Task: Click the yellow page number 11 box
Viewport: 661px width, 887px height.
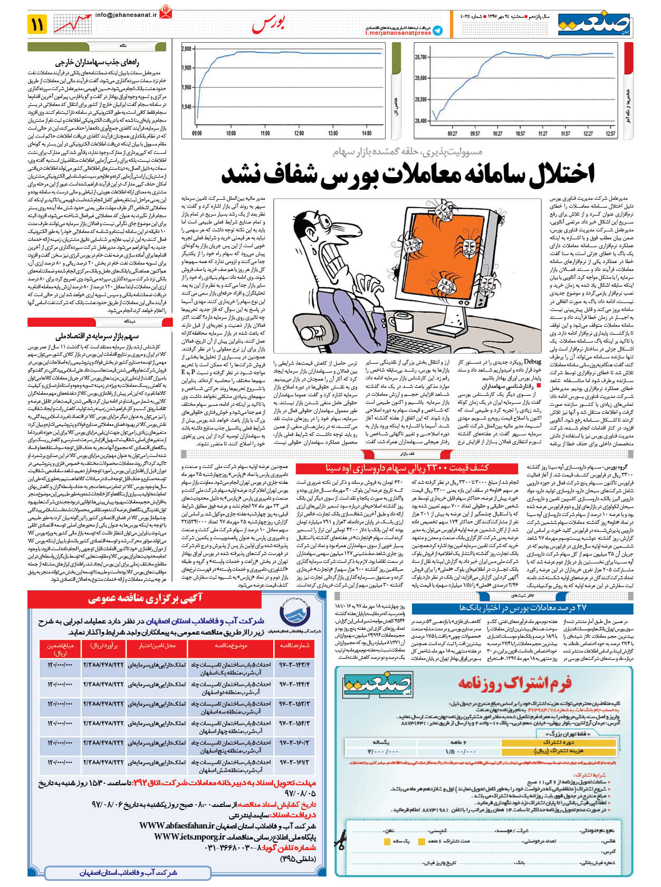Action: coord(37,24)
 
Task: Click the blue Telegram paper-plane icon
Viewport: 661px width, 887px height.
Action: coord(437,31)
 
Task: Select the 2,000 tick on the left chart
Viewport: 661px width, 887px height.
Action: coord(187,49)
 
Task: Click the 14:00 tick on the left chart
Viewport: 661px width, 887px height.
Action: coord(366,133)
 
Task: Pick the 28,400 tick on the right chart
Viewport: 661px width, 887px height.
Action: coord(420,121)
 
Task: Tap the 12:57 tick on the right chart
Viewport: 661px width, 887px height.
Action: coord(610,134)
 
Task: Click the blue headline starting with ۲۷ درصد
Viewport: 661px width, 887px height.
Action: coord(523,608)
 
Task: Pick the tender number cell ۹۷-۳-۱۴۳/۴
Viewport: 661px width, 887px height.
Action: coord(294,665)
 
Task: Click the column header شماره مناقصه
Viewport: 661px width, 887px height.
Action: coord(294,646)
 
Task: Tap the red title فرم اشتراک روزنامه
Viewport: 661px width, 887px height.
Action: coord(514,683)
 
